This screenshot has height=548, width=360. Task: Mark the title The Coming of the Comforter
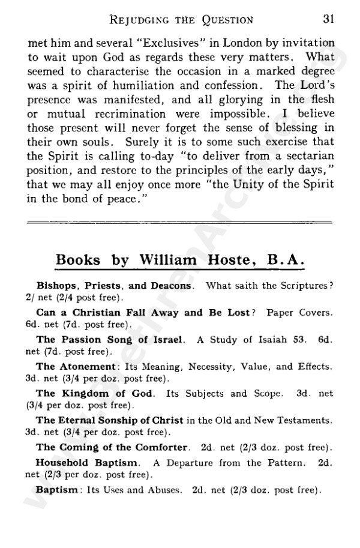pyautogui.click(x=113, y=447)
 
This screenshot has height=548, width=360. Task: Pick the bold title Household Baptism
pyautogui.click(x=88, y=463)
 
